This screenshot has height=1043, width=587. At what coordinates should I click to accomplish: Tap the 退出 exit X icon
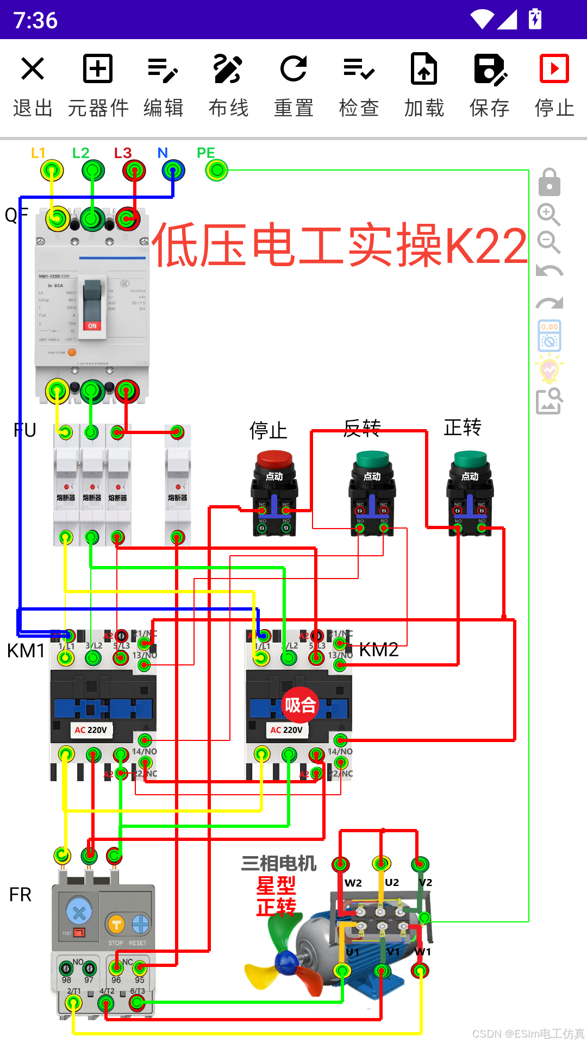[33, 69]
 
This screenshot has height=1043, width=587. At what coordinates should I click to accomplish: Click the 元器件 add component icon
[98, 69]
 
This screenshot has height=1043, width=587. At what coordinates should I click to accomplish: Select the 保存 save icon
[490, 69]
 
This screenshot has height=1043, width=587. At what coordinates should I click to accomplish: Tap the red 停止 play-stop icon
[554, 69]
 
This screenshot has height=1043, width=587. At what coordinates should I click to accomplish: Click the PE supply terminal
[217, 171]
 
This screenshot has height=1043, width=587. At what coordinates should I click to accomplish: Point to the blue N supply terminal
[173, 171]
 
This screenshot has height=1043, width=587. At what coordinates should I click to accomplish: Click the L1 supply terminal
[52, 171]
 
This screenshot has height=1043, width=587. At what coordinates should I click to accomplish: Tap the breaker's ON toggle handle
[92, 307]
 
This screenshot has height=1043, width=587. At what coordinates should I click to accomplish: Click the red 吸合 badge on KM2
[300, 705]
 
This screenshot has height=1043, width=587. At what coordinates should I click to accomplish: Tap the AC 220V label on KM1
[91, 730]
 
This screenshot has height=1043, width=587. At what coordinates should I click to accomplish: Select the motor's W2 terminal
[341, 864]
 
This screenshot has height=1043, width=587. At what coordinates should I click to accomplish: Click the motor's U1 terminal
[342, 970]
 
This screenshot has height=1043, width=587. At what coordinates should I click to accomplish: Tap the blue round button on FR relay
[79, 913]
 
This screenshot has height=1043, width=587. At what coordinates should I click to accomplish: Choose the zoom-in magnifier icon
[548, 215]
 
